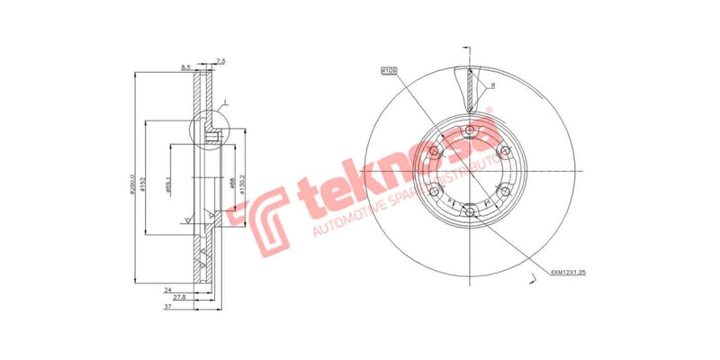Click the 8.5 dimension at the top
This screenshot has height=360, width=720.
click(185, 67)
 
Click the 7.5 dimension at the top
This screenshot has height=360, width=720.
click(221, 61)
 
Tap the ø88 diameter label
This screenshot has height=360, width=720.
click(232, 184)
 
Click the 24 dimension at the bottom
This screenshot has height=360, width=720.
click(167, 290)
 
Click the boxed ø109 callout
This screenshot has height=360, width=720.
click(389, 68)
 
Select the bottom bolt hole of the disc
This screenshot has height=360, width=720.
click(470, 212)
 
